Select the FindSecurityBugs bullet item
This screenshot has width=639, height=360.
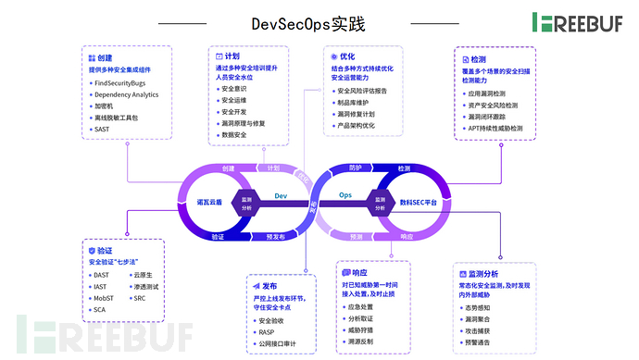126,82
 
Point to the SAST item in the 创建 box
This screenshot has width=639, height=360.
103,131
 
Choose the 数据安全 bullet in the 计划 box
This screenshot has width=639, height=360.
236,135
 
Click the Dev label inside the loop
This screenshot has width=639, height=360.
282,196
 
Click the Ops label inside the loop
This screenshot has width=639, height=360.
346,196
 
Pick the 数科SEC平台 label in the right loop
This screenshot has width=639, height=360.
418,201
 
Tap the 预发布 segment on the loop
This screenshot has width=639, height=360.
275,237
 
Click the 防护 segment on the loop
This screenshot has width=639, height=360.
356,168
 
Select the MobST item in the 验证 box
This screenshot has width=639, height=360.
103,298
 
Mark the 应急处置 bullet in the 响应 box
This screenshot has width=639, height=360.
359,305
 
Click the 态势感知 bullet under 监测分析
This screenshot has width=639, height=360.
480,305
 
